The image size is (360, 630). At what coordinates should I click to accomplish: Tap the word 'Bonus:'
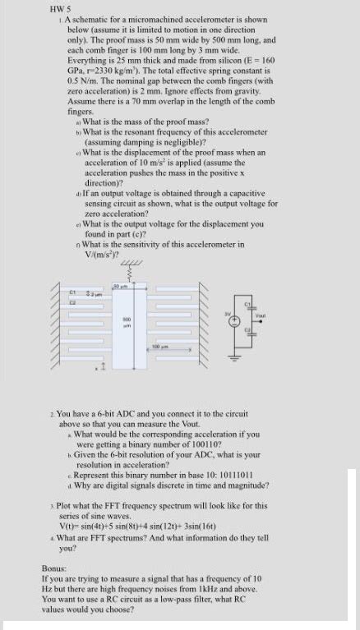[x=54, y=568]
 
